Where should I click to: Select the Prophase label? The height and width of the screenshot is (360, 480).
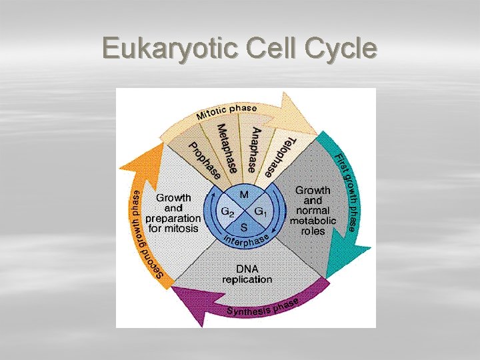click(203, 161)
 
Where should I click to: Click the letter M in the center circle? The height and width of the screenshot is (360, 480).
click(244, 194)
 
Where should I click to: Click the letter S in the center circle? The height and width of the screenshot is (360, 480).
click(244, 227)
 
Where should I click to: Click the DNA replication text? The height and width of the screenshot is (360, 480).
click(247, 274)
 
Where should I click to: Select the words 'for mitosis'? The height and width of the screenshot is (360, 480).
click(173, 228)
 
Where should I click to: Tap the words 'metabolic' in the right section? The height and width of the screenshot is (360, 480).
click(313, 221)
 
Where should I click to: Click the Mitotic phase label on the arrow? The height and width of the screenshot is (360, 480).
click(227, 111)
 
